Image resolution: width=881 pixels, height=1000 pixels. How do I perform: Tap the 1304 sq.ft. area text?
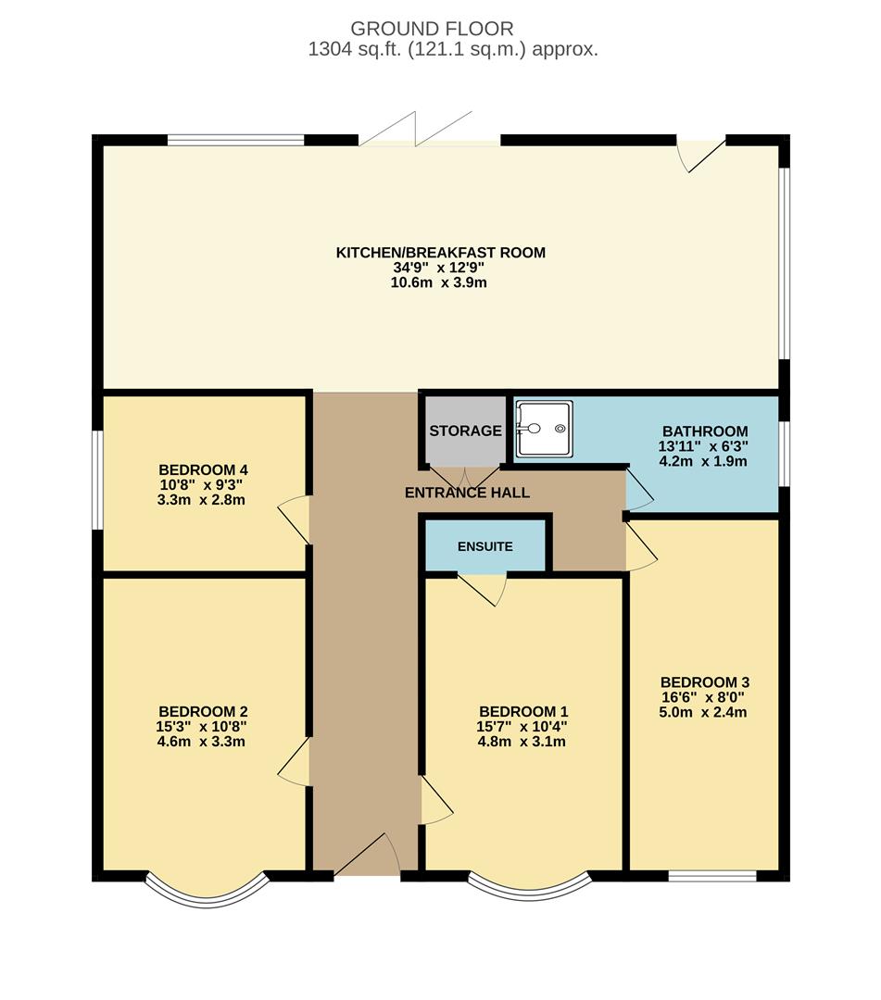coord(453,50)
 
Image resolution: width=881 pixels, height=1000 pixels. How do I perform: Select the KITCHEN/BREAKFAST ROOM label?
coord(440,252)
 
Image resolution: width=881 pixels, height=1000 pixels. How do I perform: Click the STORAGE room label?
coord(465,431)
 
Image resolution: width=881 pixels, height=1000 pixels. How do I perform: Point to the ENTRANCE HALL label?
coord(467,493)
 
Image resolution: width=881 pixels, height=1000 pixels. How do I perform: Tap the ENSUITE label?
coord(485,546)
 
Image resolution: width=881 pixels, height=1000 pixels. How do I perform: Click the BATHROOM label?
coord(704,431)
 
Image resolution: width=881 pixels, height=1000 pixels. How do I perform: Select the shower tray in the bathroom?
coord(545,429)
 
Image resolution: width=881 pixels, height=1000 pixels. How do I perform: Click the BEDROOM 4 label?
coord(203,469)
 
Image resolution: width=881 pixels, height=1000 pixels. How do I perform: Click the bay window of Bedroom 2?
coord(207,891)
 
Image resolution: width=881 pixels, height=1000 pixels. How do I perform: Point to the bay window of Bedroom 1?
coord(528,889)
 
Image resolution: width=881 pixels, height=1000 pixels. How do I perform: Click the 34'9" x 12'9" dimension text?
coord(440,268)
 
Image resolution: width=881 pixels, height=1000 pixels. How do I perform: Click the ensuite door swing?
coord(483,588)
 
